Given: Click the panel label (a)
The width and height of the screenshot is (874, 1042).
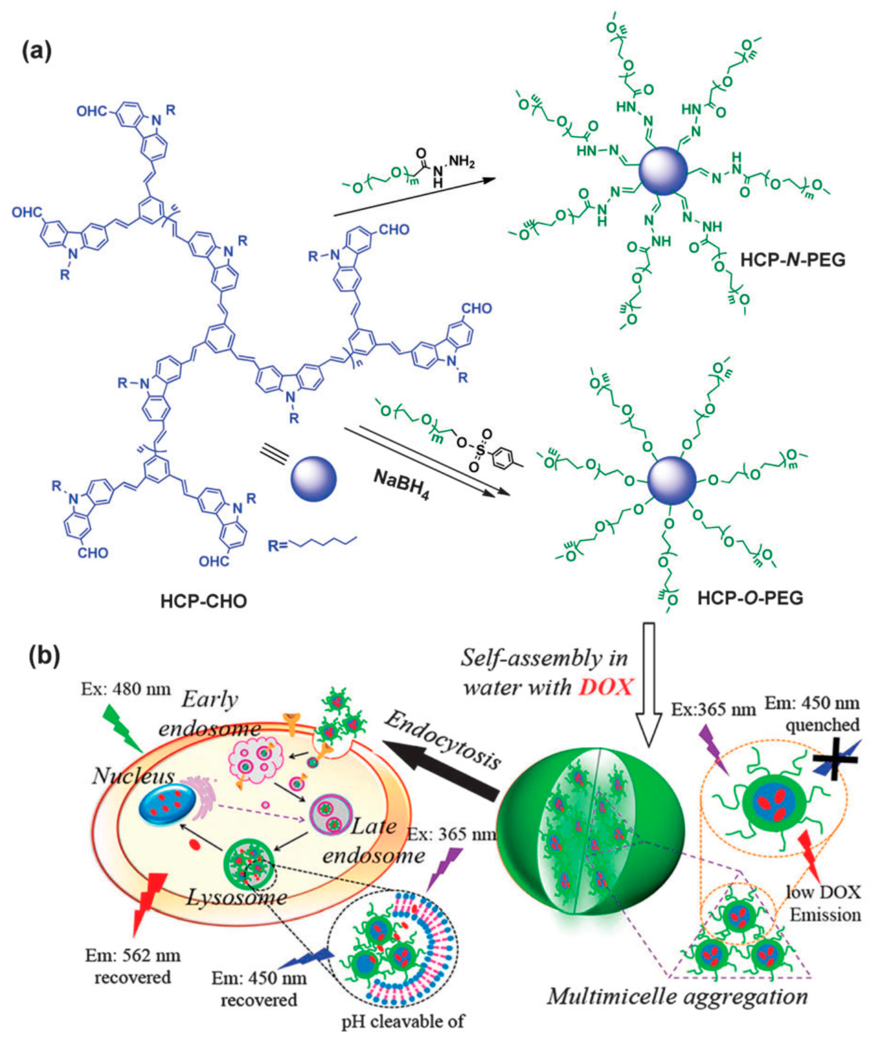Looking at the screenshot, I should pyautogui.click(x=36, y=52).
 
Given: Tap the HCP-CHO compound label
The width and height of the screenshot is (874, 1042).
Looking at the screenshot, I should pyautogui.click(x=204, y=602).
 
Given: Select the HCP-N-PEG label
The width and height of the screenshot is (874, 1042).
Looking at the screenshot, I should pyautogui.click(x=793, y=260).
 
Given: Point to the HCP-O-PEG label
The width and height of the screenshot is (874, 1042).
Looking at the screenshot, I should pyautogui.click(x=750, y=598).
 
